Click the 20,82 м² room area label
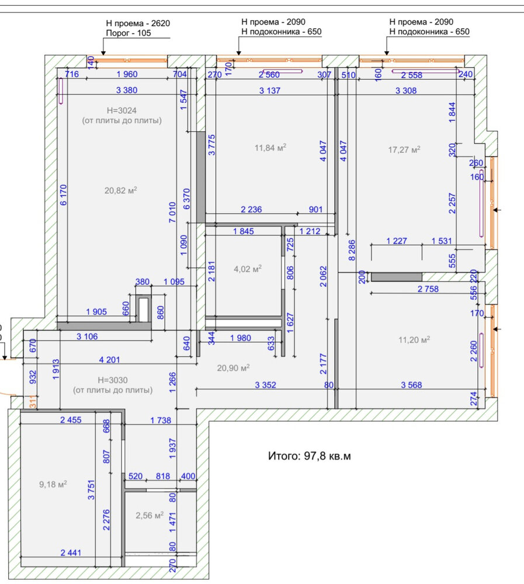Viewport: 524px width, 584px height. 121,190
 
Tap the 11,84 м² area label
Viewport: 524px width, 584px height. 270,148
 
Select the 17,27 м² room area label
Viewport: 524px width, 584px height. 404,150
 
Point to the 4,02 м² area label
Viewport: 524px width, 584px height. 248,269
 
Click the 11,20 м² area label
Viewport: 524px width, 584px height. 414,340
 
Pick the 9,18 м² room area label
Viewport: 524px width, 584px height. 53,484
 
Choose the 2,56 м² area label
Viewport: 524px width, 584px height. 150,516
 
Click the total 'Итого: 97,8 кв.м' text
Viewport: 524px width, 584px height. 310,456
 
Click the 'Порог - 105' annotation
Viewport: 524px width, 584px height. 129,33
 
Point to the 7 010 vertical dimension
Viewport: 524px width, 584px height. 172,213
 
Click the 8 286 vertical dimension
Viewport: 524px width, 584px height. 352,251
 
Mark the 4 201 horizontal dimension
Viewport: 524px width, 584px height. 110,360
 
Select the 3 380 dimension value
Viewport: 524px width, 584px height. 127,90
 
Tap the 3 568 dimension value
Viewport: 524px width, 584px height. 411,385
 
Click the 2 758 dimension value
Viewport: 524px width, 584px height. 428,289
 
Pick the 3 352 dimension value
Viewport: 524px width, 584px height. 265,385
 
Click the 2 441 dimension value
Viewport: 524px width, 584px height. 71,553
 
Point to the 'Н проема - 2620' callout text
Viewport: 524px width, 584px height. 138,23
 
